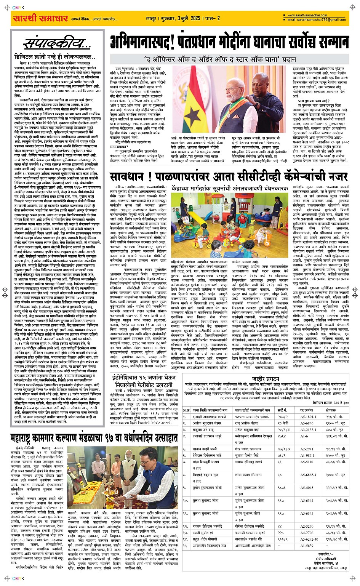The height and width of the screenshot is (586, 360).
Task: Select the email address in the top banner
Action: tap(317, 20)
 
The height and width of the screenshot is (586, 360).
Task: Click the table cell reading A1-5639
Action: tap(307, 546)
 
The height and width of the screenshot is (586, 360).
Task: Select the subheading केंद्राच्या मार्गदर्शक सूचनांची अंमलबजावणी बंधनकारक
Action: tap(230, 189)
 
